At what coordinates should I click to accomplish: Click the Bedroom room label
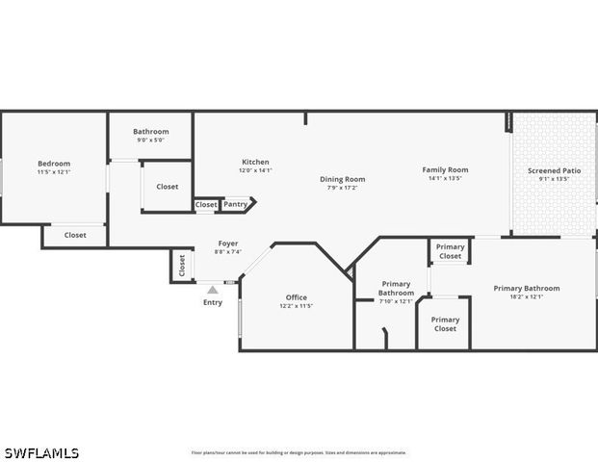point(54,164)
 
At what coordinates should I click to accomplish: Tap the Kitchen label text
point(255,162)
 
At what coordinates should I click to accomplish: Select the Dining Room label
point(343,179)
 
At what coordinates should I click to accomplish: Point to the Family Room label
point(445,169)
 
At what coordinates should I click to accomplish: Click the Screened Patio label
point(554,170)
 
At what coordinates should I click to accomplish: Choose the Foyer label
point(228,244)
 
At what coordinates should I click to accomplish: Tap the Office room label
point(297,297)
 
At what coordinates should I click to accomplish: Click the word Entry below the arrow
point(213,302)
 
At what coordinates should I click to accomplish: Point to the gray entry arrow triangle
point(213,289)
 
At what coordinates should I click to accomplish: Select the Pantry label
point(236,204)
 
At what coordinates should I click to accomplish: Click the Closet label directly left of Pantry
point(206,204)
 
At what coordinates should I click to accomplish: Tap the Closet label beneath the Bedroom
point(75,235)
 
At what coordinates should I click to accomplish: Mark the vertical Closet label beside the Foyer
point(181,266)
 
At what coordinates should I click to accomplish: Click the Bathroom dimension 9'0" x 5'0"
point(151,141)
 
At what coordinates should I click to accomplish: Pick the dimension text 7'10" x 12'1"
point(396,301)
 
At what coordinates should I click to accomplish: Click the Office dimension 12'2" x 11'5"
point(297,306)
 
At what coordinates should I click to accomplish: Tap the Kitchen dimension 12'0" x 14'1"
point(255,170)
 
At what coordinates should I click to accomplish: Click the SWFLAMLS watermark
point(41,452)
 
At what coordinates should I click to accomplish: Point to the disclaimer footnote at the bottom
point(299,452)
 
